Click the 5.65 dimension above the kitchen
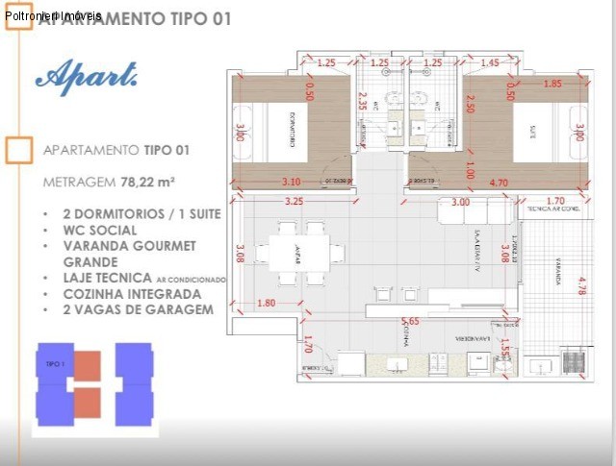point(410,322)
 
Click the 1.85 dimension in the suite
point(552,84)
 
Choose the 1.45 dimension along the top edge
point(490,62)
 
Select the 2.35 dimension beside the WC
point(362,102)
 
